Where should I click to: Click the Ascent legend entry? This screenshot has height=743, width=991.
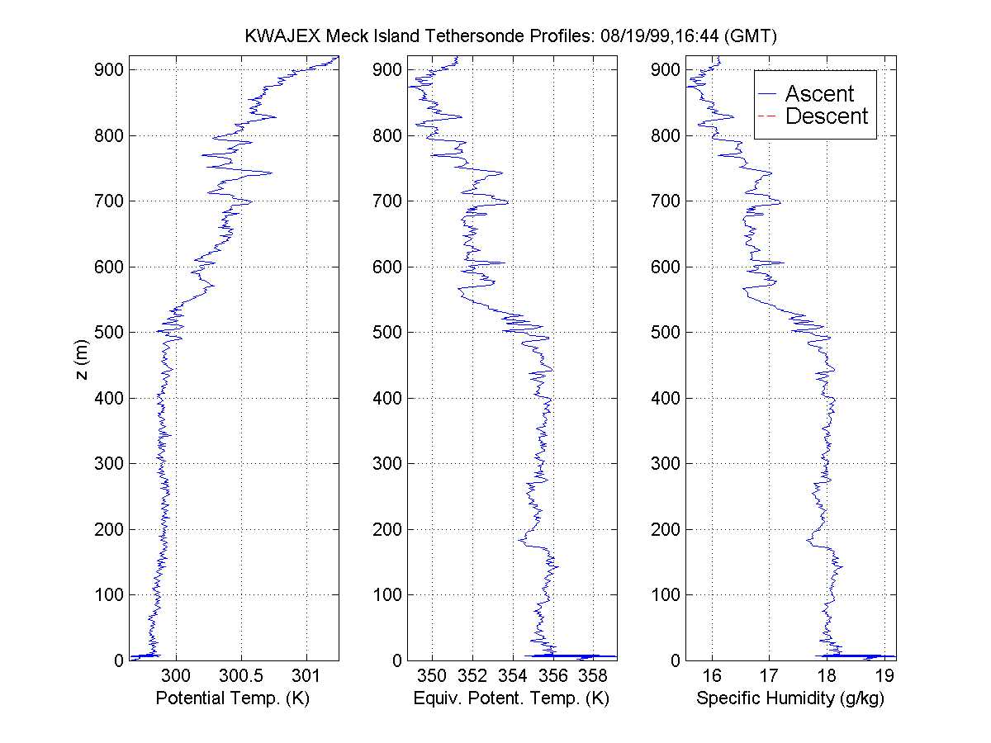click(818, 93)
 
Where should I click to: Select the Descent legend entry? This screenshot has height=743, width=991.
click(826, 116)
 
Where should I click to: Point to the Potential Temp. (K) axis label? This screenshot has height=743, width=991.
click(232, 698)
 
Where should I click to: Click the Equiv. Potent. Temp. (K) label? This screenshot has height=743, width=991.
click(511, 698)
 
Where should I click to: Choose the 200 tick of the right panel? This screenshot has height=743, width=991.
click(666, 529)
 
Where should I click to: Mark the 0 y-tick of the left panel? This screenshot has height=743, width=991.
click(120, 660)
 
